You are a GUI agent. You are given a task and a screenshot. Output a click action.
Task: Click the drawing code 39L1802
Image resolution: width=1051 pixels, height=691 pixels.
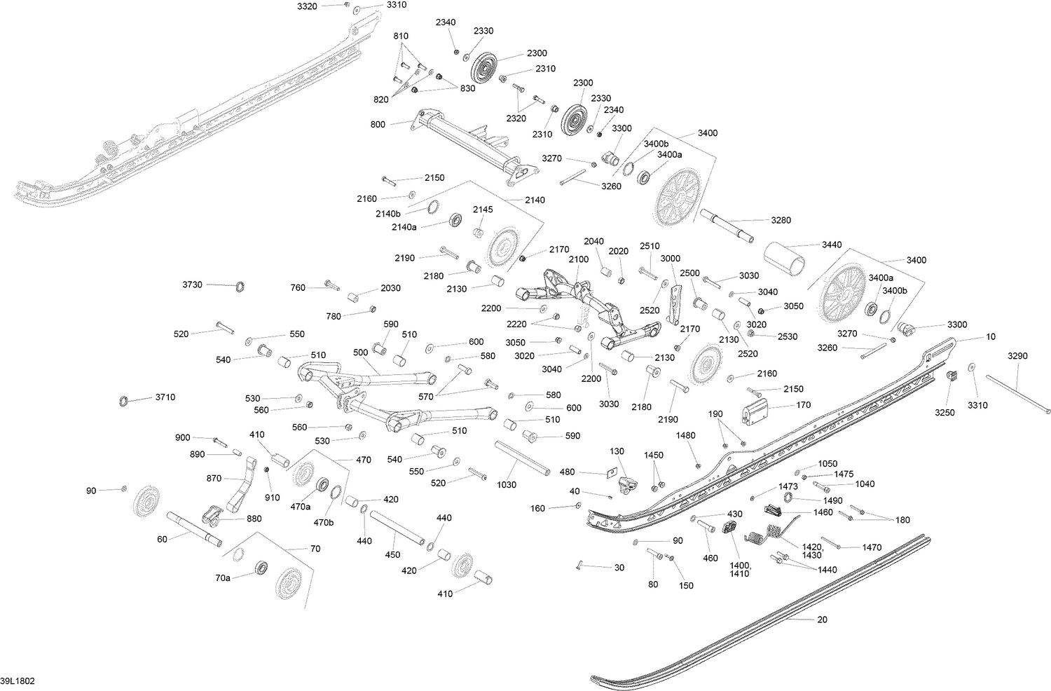18,681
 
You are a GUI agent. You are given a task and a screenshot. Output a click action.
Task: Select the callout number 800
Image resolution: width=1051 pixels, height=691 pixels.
378,125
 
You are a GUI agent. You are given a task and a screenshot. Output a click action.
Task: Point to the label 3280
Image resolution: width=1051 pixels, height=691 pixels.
781,220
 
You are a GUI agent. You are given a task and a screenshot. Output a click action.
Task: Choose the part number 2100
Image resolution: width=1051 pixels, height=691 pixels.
579,259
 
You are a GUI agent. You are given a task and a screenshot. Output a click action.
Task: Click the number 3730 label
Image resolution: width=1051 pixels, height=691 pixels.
193,285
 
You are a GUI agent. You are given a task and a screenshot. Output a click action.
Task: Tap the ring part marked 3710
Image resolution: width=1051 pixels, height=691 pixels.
123,402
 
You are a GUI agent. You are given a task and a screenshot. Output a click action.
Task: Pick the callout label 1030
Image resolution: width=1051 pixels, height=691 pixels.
507,485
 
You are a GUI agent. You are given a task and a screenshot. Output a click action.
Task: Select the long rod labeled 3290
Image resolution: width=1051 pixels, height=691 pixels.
1017,395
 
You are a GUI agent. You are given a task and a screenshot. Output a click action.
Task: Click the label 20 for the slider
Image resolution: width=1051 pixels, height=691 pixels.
822,620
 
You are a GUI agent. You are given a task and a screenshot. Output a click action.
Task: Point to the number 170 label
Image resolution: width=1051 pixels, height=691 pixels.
803,404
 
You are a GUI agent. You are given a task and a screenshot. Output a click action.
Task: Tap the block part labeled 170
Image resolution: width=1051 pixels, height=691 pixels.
755,411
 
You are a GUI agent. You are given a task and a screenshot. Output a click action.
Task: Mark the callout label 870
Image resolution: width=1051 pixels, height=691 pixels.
214,479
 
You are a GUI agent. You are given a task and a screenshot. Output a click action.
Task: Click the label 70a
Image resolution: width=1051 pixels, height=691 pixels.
223,578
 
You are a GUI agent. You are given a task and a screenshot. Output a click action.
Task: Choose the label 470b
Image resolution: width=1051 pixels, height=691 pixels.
323,523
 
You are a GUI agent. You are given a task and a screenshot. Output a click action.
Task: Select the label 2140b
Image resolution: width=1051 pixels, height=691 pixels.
388,214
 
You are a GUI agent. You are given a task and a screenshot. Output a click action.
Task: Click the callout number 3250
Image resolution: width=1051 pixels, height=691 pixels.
944,413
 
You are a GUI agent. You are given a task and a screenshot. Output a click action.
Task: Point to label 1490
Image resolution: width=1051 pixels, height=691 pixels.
832,500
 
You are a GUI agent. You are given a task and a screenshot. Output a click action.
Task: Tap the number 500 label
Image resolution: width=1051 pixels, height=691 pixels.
360,353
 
